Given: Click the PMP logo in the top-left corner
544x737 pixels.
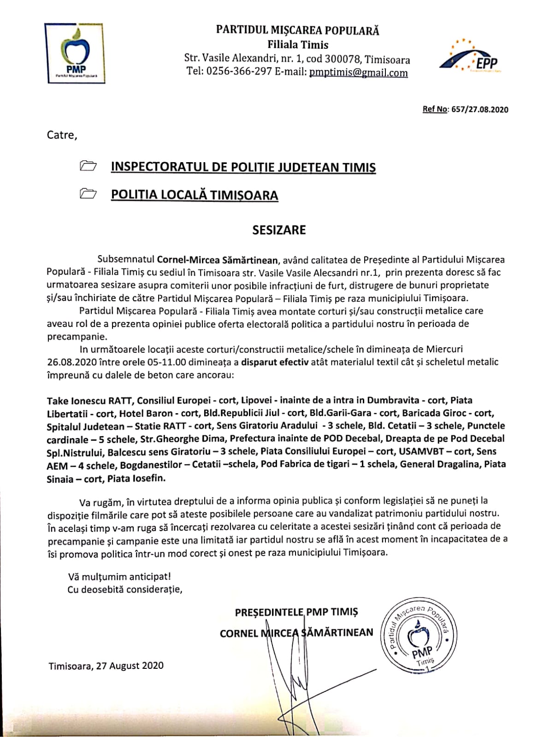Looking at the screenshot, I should click(77, 53).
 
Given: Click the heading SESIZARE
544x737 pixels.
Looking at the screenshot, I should click(279, 230).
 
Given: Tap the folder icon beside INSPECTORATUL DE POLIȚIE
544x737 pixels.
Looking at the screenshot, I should click(88, 166).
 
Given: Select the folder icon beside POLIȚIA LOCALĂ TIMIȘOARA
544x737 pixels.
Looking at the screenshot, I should click(88, 194).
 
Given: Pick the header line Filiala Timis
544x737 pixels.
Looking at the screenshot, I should click(298, 45).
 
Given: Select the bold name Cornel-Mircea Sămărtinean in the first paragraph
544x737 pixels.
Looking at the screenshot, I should click(217, 260).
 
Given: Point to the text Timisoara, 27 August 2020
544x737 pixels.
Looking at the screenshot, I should click(106, 666).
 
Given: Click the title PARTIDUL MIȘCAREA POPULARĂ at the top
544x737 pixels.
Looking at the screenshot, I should click(298, 31).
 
